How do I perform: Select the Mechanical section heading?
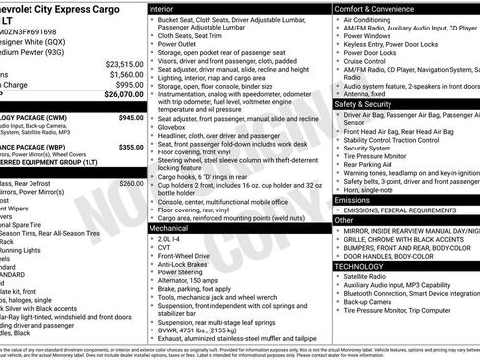pyautogui.click(x=169, y=227)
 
